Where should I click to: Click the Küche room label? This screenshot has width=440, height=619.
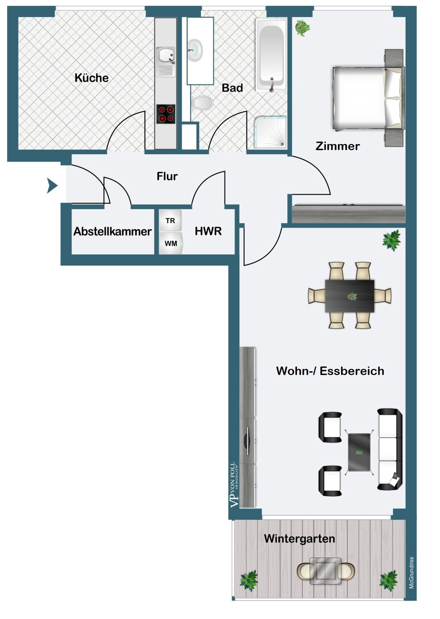pyautogui.click(x=91, y=78)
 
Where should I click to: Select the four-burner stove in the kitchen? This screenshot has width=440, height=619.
pyautogui.click(x=166, y=114)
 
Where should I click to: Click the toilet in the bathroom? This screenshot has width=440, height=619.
pyautogui.click(x=202, y=103)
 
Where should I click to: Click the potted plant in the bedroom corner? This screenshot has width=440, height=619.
pyautogui.click(x=302, y=28)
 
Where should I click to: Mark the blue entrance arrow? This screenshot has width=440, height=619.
pyautogui.click(x=52, y=186)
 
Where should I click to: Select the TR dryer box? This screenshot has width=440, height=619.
pyautogui.click(x=170, y=221)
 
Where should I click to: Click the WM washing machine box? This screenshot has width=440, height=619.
pyautogui.click(x=171, y=243)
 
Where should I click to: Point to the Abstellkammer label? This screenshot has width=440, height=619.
pyautogui.click(x=112, y=232)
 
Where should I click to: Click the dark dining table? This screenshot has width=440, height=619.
pyautogui.click(x=350, y=296)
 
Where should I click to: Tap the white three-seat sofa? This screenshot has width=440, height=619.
pyautogui.click(x=389, y=449)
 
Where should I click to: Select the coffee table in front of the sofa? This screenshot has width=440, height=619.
pyautogui.click(x=359, y=452)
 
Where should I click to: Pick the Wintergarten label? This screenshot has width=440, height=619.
pyautogui.click(x=300, y=539)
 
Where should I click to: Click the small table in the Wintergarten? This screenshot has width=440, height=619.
pyautogui.click(x=325, y=571)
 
